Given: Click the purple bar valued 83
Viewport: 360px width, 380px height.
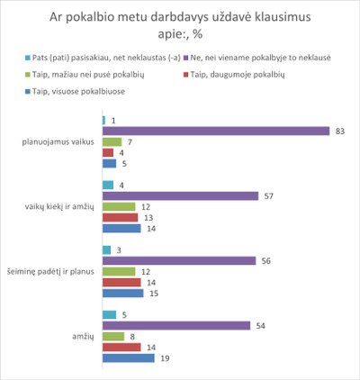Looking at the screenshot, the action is tap(216, 131).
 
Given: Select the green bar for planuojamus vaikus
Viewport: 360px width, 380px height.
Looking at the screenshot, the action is tap(112, 142).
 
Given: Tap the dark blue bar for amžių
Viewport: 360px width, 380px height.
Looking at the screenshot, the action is tap(129, 358).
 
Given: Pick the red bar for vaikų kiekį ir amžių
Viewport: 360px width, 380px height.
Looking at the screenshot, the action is tap(121, 218).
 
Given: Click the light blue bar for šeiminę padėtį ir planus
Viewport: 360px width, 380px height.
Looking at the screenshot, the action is tap(106, 250).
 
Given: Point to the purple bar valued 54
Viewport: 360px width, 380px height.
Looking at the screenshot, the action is tap(176, 326).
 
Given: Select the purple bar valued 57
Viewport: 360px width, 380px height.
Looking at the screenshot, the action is tap(180, 196).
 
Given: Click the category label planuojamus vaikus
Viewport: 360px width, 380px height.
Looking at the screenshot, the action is tap(58, 142).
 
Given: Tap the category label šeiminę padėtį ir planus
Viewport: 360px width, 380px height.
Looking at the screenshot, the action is tap(50, 272).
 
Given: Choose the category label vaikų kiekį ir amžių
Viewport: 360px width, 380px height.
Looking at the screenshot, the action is tap(59, 207).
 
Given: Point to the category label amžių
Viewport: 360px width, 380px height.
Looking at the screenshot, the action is tap(83, 337).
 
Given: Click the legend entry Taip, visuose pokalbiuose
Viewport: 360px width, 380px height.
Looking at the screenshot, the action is tap(75, 91).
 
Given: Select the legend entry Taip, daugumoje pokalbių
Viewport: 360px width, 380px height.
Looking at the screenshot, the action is tap(234, 75).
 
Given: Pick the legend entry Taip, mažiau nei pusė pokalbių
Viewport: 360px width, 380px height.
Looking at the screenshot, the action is tap(85, 75).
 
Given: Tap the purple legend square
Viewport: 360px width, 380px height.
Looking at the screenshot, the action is tap(185, 58).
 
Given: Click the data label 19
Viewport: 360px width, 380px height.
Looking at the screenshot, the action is tap(165, 358).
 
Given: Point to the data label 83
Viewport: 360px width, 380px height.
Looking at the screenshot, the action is tap(340, 131).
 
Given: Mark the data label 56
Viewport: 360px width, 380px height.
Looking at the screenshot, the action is tap(266, 261).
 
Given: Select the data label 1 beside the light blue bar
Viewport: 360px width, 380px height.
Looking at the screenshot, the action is tap(113, 121).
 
